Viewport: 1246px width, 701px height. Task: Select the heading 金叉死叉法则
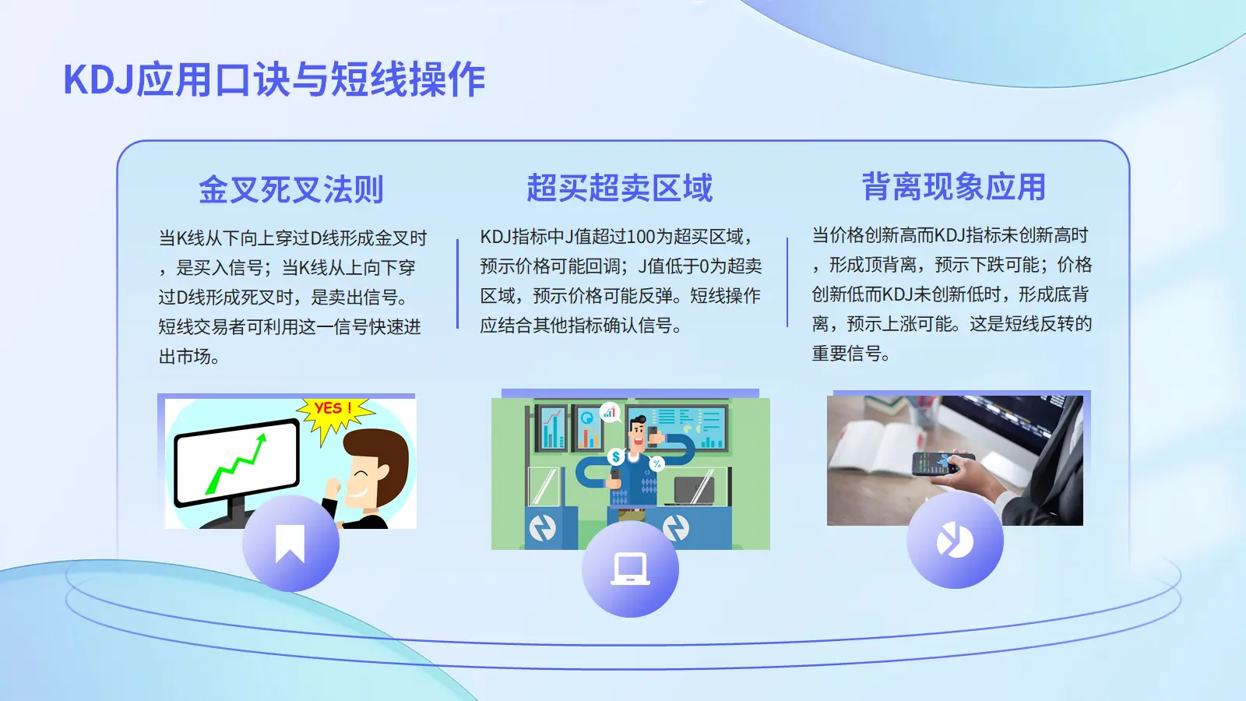291,189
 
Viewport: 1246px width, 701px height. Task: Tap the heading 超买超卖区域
620,188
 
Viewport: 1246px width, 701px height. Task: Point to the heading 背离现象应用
954,186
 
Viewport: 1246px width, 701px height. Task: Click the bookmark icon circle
290,543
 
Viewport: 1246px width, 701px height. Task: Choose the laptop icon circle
630,569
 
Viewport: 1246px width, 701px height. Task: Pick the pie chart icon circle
955,541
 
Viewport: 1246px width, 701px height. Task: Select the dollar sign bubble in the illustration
616,456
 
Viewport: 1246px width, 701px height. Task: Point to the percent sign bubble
657,463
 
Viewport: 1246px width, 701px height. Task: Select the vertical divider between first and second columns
457,284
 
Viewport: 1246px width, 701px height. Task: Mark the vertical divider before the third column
787,282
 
